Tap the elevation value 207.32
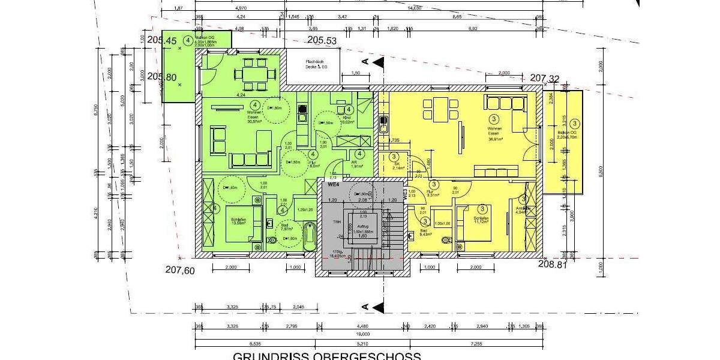[545, 78]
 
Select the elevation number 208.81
[553, 264]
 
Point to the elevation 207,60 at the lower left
[179, 270]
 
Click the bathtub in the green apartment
[310, 237]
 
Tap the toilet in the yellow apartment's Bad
[445, 241]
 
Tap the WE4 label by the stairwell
[334, 184]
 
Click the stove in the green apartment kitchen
[302, 109]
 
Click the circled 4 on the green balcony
[188, 41]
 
